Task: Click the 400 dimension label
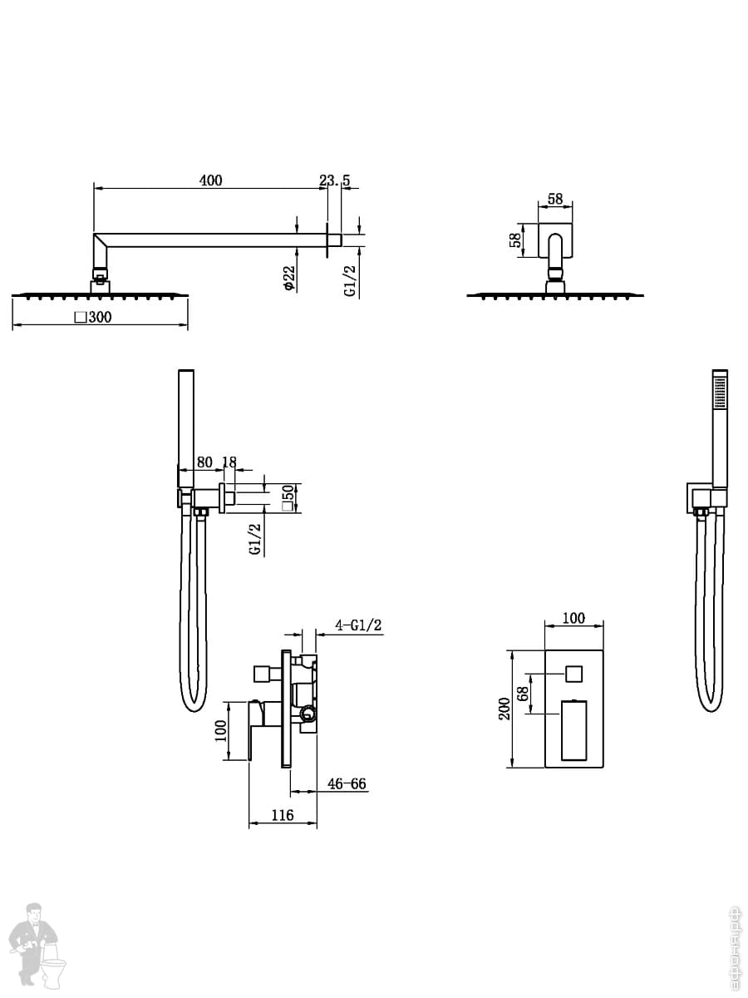tap(211, 180)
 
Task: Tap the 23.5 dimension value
tap(335, 180)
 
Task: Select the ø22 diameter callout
tap(289, 278)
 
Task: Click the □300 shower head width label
tap(93, 317)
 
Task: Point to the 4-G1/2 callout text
tap(358, 625)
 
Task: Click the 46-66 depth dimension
tap(347, 784)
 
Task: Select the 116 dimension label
tap(283, 815)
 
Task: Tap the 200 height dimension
tap(505, 709)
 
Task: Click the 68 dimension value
tap(523, 694)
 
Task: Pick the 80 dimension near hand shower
tap(204, 462)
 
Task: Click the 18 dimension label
tap(230, 462)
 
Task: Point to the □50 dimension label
tap(288, 498)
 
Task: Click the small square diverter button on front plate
tap(574, 674)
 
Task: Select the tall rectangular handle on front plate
tap(574, 731)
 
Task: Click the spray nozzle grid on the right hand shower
tap(721, 392)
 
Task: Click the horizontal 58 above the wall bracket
tap(555, 199)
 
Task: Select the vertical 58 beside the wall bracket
tap(515, 240)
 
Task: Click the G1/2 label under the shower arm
tap(350, 281)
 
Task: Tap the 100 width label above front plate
tap(573, 619)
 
